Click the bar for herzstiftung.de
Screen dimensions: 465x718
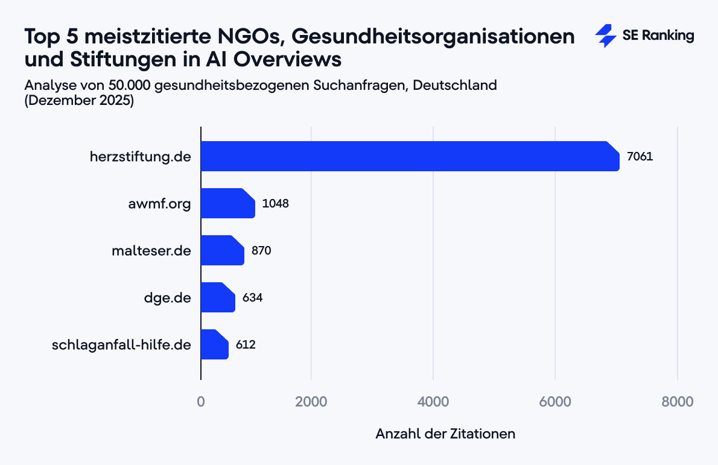410,156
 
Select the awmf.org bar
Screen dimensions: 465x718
227,203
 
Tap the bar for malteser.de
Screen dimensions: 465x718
222,250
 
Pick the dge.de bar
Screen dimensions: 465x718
217,297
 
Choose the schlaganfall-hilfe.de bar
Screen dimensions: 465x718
214,344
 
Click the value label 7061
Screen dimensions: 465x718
640,157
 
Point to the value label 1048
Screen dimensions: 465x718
276,204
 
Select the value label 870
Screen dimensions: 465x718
261,251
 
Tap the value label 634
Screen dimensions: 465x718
253,298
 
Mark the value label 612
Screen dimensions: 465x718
246,345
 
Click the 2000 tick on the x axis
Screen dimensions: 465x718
311,401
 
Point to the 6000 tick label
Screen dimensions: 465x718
556,401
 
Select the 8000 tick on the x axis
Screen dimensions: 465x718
678,401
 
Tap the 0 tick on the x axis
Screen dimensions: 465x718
201,401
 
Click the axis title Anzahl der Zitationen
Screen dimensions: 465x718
445,434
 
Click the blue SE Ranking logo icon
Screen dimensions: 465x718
605,36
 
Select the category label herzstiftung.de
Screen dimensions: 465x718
141,157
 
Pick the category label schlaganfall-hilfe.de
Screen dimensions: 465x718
121,345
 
